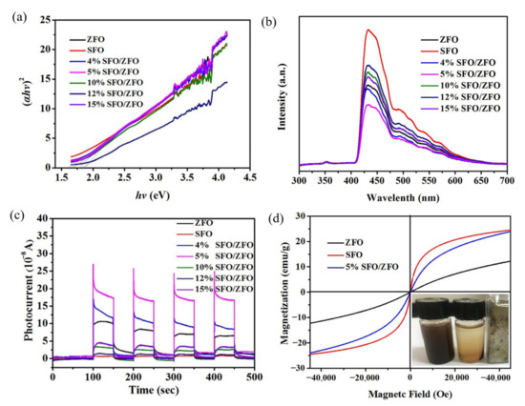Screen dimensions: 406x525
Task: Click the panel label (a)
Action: tap(12, 12)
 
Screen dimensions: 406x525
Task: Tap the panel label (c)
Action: tap(12, 212)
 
